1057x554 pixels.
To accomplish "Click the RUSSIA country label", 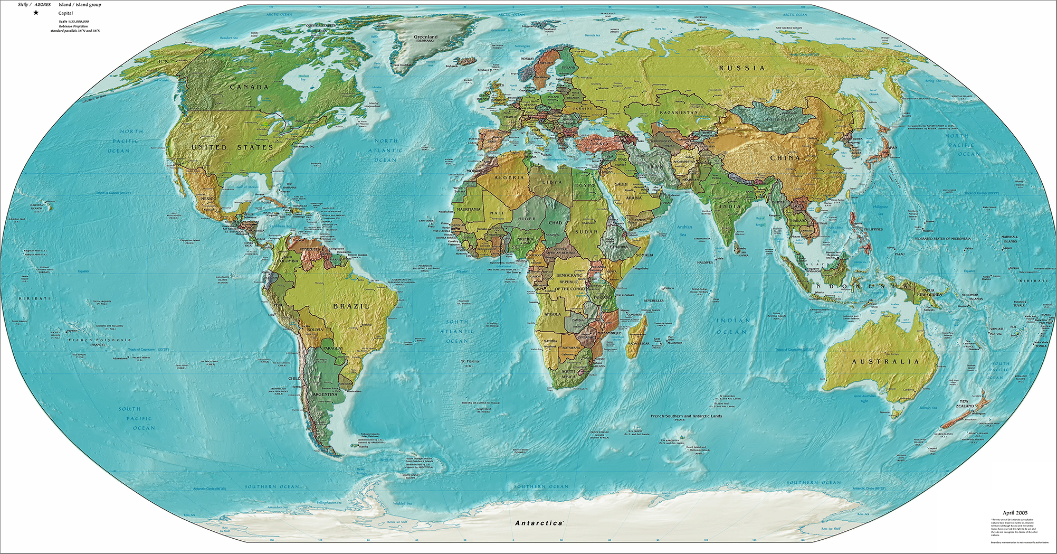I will (x=741, y=68).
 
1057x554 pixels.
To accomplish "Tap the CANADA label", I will (x=249, y=87).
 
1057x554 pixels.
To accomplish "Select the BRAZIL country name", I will (x=351, y=306).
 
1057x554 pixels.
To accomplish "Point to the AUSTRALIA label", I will (x=885, y=362).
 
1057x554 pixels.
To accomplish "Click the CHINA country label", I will (x=785, y=158).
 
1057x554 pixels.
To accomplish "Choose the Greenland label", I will (x=425, y=37).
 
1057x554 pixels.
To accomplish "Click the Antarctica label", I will (x=538, y=523).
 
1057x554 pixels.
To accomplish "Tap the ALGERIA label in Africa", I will (x=509, y=178).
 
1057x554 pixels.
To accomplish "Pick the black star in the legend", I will (x=36, y=13).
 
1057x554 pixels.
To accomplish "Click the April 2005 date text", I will (x=1015, y=513).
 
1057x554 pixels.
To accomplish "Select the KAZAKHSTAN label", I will (x=679, y=112).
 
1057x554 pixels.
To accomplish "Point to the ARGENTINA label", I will (x=324, y=395).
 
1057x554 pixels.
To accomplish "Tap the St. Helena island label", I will (x=470, y=361).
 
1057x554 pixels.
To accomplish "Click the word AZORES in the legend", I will (x=43, y=4).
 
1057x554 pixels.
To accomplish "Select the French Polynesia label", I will (x=99, y=340).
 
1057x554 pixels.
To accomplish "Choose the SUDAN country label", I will (x=586, y=232).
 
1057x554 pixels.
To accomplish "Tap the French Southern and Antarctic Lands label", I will (x=686, y=416).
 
